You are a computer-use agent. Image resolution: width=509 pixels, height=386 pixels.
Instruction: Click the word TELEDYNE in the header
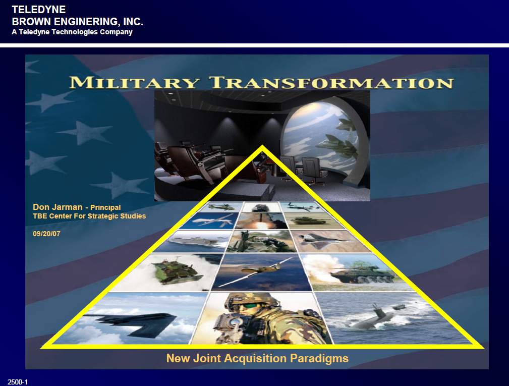39,10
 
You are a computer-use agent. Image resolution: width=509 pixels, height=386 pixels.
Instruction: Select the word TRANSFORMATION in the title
331,82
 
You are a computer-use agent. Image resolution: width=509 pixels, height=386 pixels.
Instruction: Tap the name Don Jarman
58,207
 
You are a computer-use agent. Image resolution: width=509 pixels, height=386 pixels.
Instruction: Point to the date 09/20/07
46,234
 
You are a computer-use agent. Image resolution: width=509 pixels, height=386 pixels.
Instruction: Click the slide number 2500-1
18,382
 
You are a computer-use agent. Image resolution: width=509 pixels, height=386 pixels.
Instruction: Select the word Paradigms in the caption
319,358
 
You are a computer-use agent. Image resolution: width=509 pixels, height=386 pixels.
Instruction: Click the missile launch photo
262,221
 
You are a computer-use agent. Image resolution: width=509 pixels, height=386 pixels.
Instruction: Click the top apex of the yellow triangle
262,146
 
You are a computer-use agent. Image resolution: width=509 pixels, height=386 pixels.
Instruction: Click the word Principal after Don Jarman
105,207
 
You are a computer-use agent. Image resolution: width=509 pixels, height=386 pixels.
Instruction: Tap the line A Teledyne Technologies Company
72,32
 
